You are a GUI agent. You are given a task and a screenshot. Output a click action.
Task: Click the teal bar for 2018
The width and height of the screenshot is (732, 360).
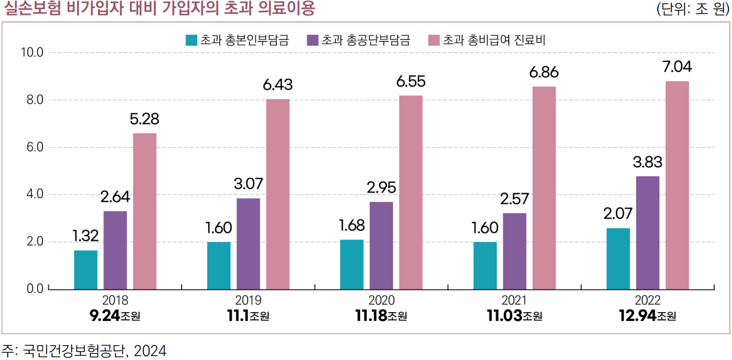(x=86, y=270)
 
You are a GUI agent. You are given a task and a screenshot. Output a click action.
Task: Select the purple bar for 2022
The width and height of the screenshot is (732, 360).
(x=648, y=232)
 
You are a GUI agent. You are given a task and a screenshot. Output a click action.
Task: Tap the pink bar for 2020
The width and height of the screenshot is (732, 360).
(x=411, y=192)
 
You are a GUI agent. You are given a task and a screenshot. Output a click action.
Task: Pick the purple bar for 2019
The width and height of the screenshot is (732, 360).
(x=248, y=243)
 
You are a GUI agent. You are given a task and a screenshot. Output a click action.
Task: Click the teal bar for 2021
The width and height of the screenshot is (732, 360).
(x=485, y=265)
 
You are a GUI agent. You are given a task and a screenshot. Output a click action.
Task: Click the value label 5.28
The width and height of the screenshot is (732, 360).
(x=145, y=119)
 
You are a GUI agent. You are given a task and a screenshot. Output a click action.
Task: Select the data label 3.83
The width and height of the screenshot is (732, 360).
(x=648, y=162)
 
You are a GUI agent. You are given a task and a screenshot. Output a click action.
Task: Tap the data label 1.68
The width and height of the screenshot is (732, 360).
(x=352, y=226)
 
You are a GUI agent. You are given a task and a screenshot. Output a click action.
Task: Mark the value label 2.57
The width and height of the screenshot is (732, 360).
(x=515, y=199)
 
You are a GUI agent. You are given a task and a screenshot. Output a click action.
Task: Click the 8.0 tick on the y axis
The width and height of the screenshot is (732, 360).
(x=32, y=100)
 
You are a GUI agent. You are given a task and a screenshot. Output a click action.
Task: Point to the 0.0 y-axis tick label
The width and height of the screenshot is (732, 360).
(x=32, y=289)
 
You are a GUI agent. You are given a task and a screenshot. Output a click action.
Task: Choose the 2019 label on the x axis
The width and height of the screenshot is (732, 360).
(x=248, y=301)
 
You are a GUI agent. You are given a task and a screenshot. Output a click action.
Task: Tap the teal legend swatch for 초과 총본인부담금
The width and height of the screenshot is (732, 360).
(x=192, y=40)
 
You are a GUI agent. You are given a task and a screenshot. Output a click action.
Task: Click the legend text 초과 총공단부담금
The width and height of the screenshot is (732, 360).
(x=365, y=40)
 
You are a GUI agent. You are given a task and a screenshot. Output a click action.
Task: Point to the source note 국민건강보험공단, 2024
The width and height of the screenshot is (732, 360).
(x=94, y=350)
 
